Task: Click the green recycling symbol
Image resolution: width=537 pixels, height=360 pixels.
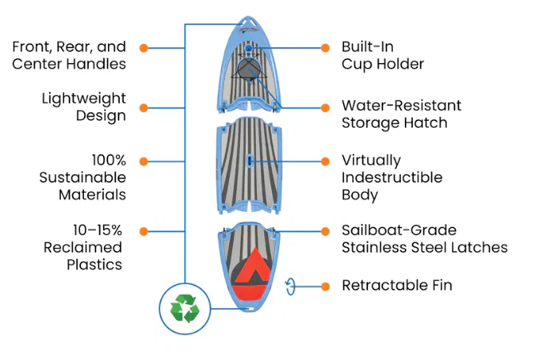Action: pos(184,308)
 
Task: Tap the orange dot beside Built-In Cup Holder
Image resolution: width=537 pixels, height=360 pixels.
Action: pos(325,48)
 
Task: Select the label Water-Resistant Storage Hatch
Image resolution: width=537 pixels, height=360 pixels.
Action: pos(401,114)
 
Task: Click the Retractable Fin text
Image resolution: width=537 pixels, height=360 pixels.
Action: pos(396,286)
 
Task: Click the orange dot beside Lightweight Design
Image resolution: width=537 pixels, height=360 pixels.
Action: pos(144,107)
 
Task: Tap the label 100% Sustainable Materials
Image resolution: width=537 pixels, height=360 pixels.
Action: pos(82,177)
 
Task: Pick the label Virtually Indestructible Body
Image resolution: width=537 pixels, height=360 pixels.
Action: pos(392,177)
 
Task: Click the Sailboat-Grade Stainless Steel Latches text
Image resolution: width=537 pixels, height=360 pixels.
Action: pos(424,239)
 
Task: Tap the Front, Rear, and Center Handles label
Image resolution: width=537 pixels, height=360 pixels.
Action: pos(70,55)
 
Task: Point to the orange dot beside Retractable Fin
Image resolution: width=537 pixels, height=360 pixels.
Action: pos(325,286)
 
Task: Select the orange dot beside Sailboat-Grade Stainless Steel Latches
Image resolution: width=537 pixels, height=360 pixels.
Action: pos(325,231)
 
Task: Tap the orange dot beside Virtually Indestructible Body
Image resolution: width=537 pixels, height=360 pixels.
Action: pos(325,161)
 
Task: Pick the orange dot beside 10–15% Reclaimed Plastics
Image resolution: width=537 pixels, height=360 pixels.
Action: pos(144,231)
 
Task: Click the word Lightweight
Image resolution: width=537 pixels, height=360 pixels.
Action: pos(84,99)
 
